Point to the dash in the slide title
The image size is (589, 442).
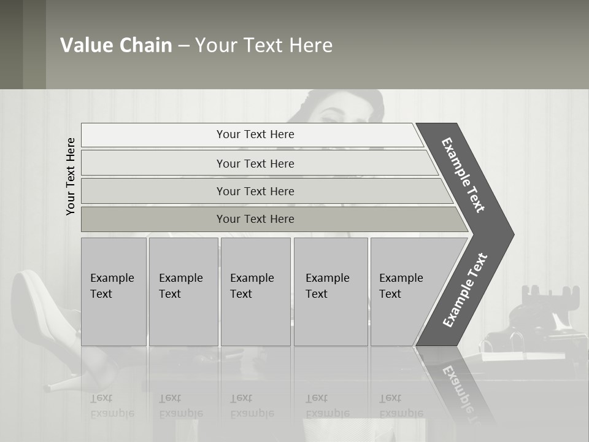point(183,46)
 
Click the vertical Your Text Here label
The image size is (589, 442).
point(71,176)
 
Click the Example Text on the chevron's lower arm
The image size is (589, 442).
point(464,290)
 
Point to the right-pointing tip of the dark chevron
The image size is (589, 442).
point(510,235)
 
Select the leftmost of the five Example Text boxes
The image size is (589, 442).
point(114,292)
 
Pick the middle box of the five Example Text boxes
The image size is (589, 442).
point(255,292)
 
